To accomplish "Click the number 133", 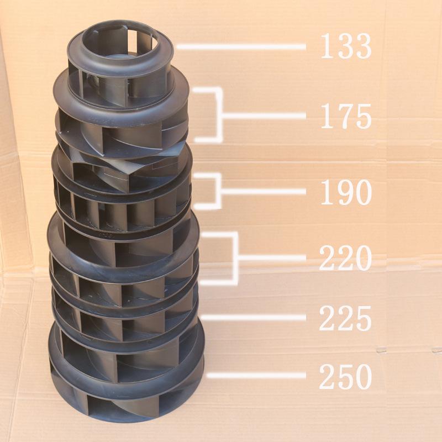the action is coord(346,46).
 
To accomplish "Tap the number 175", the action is coord(346,116).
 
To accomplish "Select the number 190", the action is coord(346,192).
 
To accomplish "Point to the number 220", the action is coord(346,257).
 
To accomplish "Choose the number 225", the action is coord(346,318).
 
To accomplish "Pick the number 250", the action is coord(346,376).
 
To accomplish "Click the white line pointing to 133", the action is coord(241,47).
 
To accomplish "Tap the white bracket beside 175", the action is coord(220,115).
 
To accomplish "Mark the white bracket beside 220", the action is coord(236,257).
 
